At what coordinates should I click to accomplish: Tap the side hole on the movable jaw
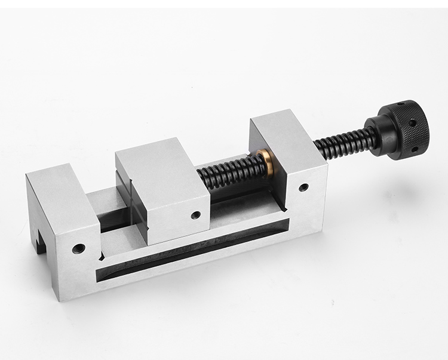(x=194, y=214)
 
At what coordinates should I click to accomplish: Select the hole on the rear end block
(x=304, y=187)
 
